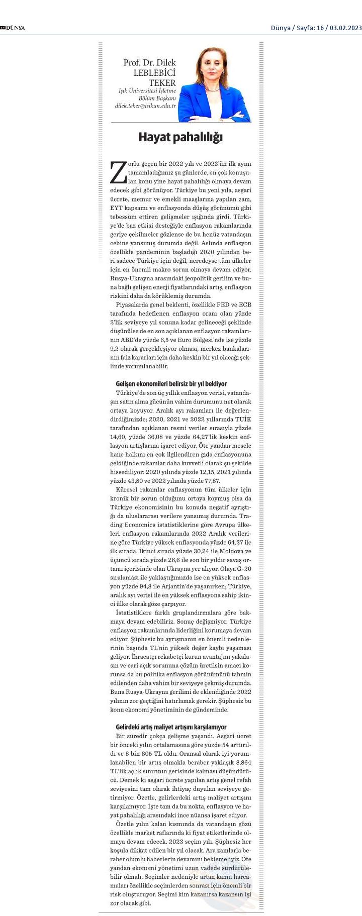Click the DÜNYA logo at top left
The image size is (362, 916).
[13, 28]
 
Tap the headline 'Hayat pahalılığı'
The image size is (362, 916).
[180, 137]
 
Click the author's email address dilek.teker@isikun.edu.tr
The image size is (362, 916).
[146, 106]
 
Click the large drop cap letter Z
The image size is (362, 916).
[118, 172]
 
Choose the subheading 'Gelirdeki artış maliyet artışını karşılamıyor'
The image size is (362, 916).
[171, 727]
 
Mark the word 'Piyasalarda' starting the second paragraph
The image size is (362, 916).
[132, 304]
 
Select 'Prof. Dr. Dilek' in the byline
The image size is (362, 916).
[150, 63]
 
